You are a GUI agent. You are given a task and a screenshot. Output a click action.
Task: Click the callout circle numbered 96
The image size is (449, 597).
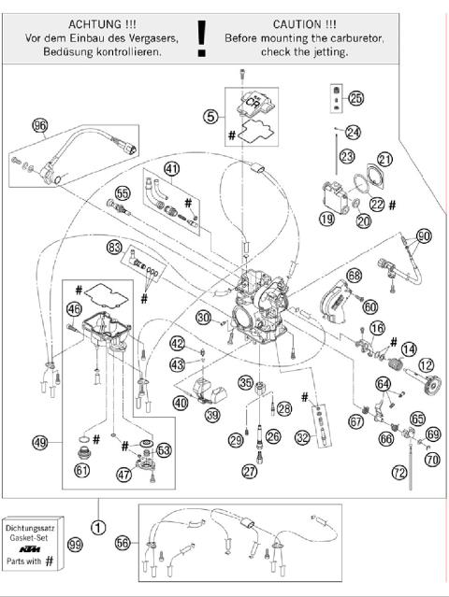click(x=39, y=126)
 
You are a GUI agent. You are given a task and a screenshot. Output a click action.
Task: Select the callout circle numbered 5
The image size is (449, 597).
click(x=211, y=117)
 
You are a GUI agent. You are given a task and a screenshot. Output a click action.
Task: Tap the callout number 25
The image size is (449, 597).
click(x=355, y=98)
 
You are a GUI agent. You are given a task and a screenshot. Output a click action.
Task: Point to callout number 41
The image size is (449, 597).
click(x=171, y=168)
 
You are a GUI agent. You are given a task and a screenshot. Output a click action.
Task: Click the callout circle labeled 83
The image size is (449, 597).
click(x=115, y=248)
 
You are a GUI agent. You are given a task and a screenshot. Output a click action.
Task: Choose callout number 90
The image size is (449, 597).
click(x=423, y=236)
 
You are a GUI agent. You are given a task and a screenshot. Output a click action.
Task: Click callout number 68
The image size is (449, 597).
click(x=354, y=276)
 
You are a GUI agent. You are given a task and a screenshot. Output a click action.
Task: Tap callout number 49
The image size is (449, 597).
click(x=39, y=442)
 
